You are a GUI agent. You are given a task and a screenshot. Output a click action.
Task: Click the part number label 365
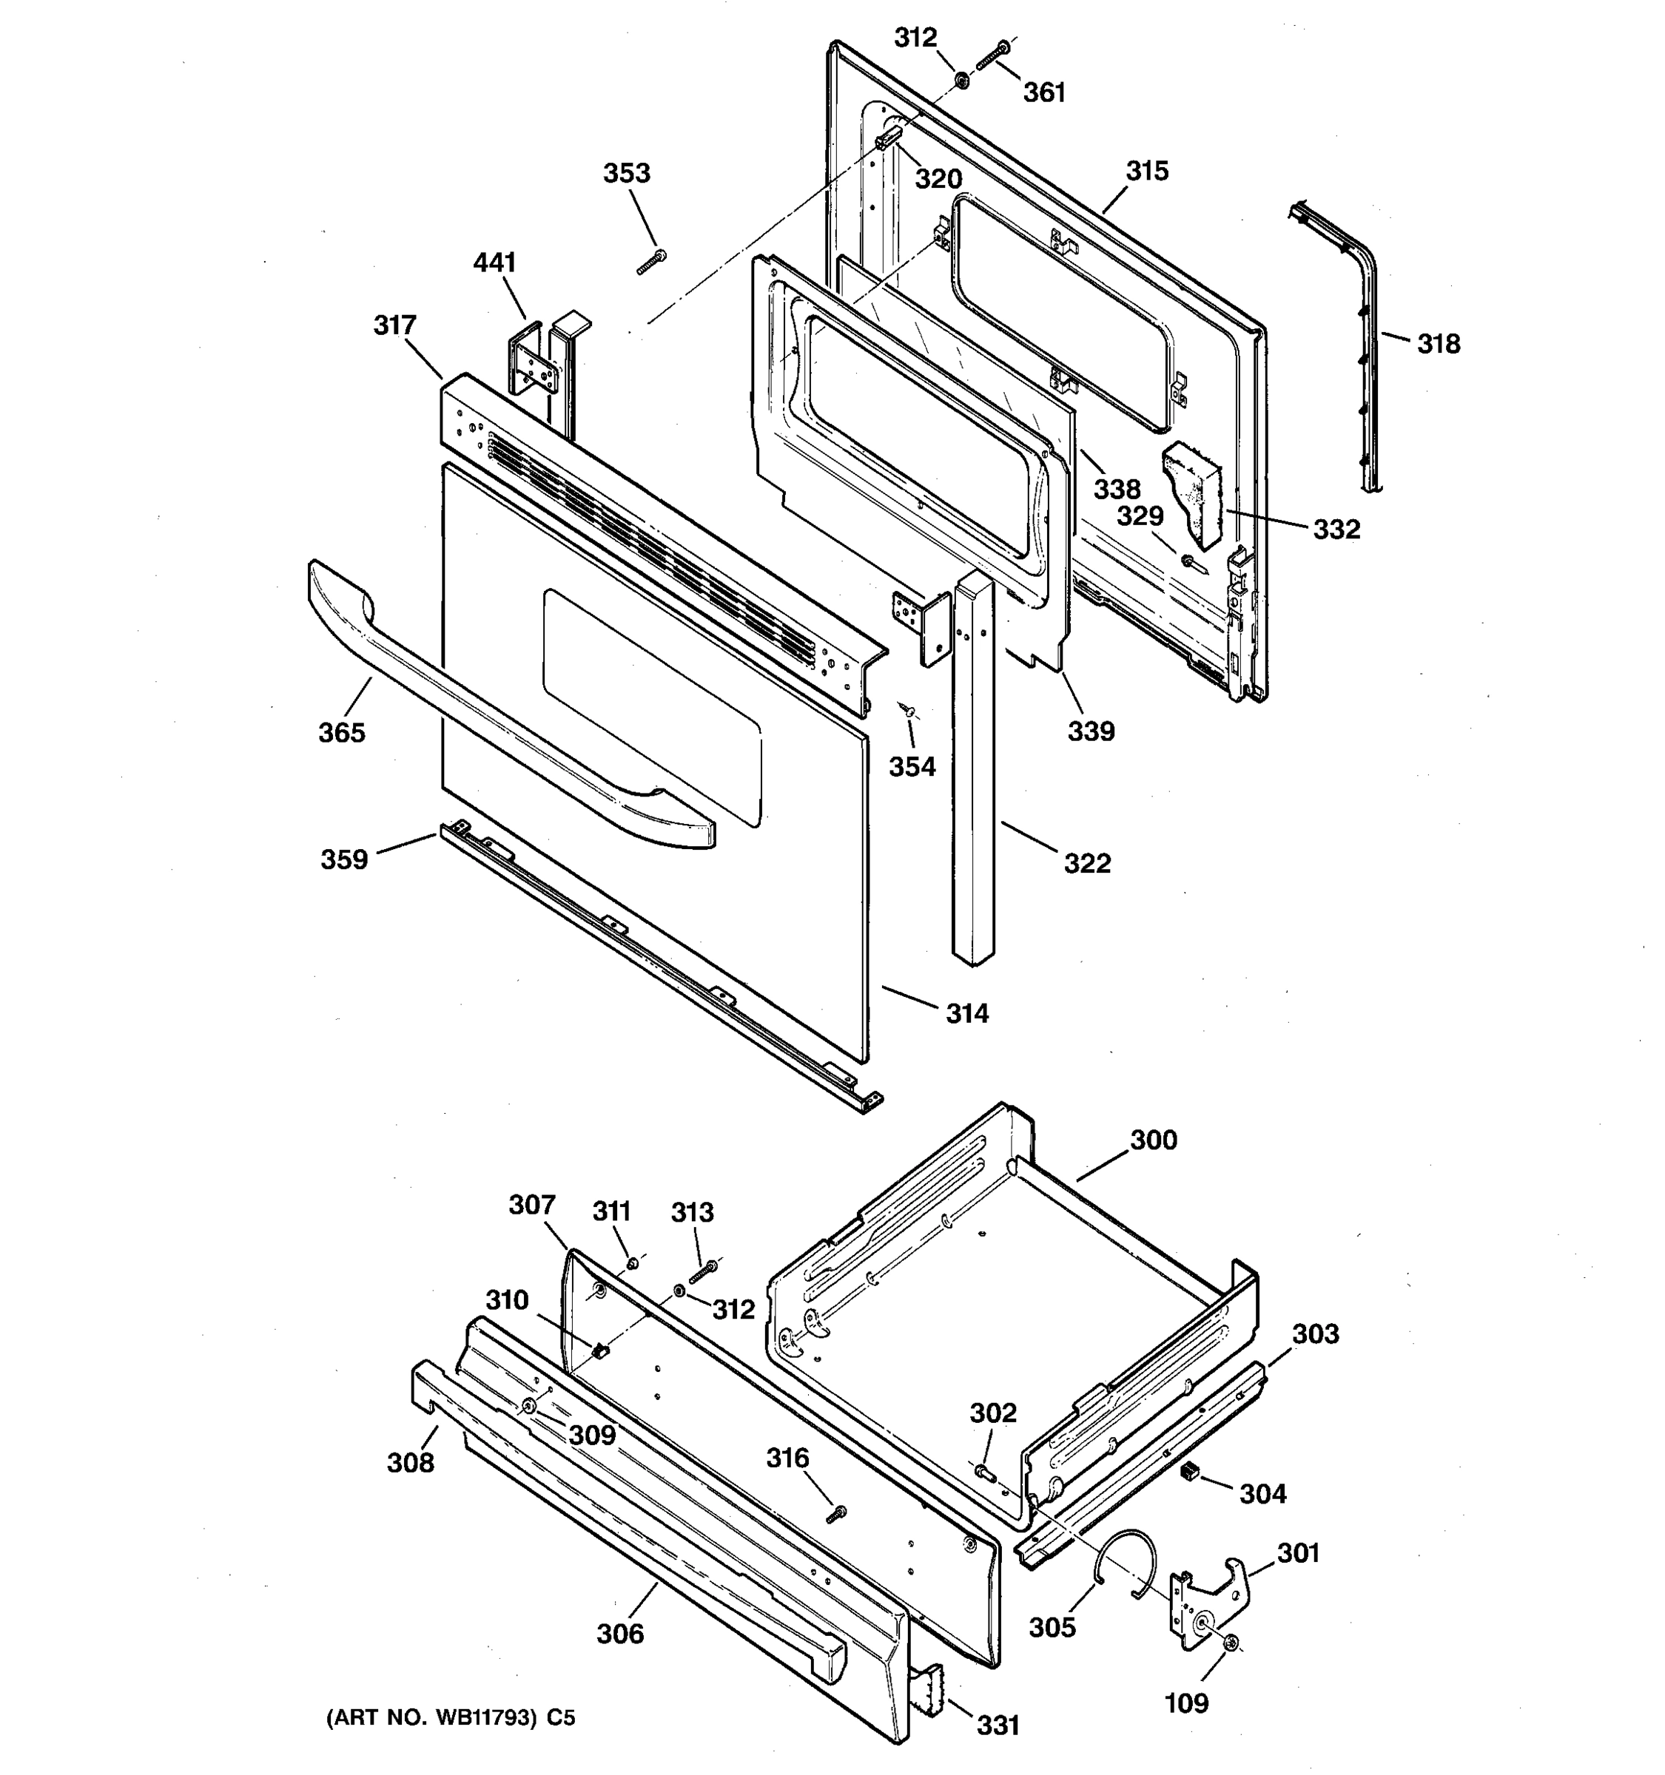click(341, 733)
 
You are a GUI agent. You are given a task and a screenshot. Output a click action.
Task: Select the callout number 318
click(1438, 344)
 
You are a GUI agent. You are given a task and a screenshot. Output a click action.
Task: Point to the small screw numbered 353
click(652, 263)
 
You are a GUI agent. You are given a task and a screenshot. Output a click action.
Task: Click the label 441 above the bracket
click(494, 263)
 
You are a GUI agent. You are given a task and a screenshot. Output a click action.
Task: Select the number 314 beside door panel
click(967, 1013)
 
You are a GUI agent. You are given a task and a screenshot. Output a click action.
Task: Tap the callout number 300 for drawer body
click(1153, 1140)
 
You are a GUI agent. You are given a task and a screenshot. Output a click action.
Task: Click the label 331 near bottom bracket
click(998, 1726)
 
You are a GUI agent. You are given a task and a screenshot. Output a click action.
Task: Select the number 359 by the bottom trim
click(344, 860)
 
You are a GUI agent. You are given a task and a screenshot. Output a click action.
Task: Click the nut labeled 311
click(633, 1263)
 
